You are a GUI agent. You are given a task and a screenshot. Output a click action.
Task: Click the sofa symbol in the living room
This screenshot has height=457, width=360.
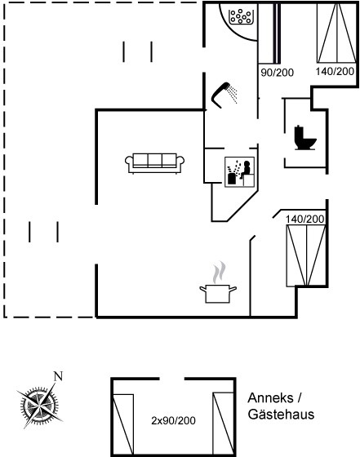pyautogui.click(x=155, y=163)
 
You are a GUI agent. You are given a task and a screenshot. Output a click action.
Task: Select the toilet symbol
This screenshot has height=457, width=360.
pyautogui.click(x=304, y=138)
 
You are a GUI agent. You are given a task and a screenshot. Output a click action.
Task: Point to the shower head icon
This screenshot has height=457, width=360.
pyautogui.click(x=224, y=95)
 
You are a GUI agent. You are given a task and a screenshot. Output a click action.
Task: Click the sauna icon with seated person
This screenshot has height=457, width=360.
pyautogui.click(x=239, y=172)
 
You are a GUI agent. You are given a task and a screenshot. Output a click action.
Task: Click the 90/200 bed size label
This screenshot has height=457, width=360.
pyautogui.click(x=277, y=73)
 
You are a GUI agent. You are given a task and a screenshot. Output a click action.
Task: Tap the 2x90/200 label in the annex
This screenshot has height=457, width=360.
pyautogui.click(x=173, y=420)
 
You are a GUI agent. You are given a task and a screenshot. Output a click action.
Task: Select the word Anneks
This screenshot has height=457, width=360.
pyautogui.click(x=270, y=398)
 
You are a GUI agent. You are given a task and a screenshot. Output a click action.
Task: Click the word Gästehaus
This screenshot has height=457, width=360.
pyautogui.click(x=281, y=415)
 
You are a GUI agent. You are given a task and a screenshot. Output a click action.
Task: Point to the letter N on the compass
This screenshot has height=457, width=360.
pyautogui.click(x=58, y=376)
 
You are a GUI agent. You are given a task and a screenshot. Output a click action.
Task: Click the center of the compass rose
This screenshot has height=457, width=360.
pyautogui.click(x=39, y=405)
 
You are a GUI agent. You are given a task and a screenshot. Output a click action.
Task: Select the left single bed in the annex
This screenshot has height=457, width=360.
pyautogui.click(x=123, y=424)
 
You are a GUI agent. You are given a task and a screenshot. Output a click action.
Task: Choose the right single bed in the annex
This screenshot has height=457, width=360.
pyautogui.click(x=224, y=424)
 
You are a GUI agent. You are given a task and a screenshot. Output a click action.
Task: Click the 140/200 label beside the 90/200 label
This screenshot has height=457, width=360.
pyautogui.click(x=335, y=72)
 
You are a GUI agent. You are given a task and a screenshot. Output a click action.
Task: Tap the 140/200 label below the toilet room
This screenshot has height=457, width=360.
pyautogui.click(x=305, y=220)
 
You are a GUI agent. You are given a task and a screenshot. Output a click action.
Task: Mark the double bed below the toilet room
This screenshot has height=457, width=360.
pyautogui.click(x=306, y=255)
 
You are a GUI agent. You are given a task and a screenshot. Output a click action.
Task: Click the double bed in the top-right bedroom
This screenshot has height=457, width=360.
pyautogui.click(x=336, y=33)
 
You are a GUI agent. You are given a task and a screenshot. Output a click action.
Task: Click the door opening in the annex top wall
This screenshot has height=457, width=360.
pyautogui.click(x=172, y=379)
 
